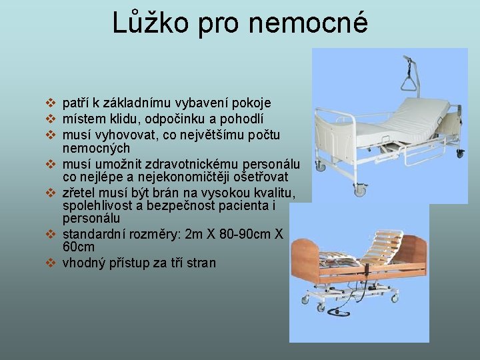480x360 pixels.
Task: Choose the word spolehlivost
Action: click(x=99, y=205)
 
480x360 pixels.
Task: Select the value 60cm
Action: click(x=79, y=247)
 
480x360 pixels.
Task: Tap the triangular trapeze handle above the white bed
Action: click(x=408, y=84)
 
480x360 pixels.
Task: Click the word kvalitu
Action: click(x=271, y=193)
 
